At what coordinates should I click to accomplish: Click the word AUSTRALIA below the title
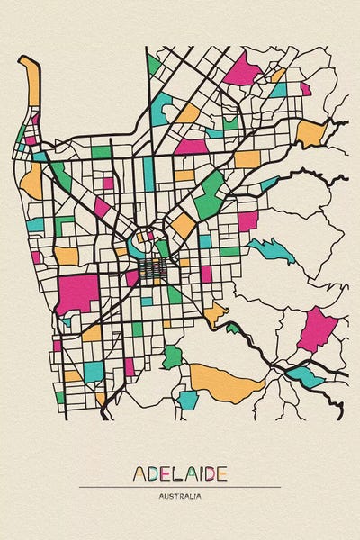[180, 496]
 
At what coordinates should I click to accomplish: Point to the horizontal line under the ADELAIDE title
[180, 487]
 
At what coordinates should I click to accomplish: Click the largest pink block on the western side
[77, 292]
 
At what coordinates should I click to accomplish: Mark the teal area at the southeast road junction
[304, 375]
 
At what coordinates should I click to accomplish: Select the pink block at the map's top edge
[241, 69]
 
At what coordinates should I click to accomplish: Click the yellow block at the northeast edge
[310, 133]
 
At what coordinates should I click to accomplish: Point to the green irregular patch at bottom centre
[172, 355]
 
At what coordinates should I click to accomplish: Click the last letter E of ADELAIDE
[221, 473]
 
